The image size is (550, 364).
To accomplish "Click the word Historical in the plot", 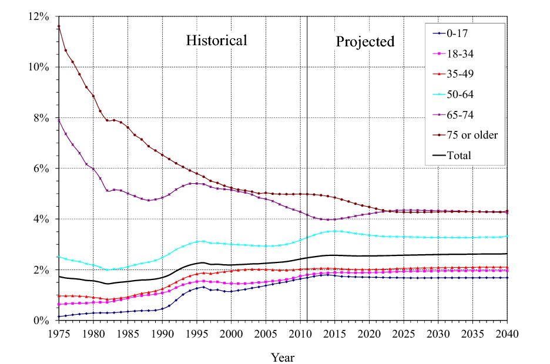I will pyautogui.click(x=216, y=41).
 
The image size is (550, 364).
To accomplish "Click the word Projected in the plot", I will pyautogui.click(x=365, y=42).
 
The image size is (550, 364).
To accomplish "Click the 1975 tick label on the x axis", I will pyautogui.click(x=59, y=334).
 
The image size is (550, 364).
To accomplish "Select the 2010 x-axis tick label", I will pyautogui.click(x=300, y=334).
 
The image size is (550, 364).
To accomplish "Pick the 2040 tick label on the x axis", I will pyautogui.click(x=507, y=334).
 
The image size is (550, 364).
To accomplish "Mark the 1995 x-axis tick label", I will pyautogui.click(x=196, y=334).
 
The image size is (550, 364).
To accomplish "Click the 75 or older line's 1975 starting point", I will pyautogui.click(x=59, y=26).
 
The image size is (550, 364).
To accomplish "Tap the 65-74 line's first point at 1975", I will pyautogui.click(x=59, y=120).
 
